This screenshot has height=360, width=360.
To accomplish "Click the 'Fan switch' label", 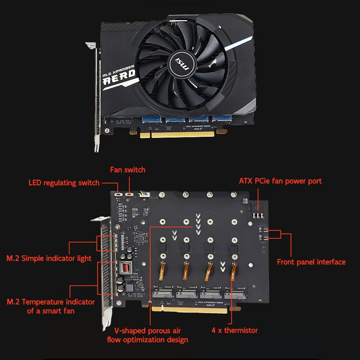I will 127,170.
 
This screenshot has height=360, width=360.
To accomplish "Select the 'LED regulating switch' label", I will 64,183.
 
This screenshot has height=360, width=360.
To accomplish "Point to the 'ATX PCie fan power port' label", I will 280,181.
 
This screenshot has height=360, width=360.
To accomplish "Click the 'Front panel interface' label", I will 311,262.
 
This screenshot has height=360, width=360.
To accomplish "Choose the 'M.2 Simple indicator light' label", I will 49,258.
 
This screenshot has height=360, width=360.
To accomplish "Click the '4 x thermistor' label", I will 235,330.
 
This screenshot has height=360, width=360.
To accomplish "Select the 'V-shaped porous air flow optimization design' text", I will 147,335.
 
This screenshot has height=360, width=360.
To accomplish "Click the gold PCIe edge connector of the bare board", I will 189,310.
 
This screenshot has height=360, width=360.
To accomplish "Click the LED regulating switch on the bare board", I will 118,194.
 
